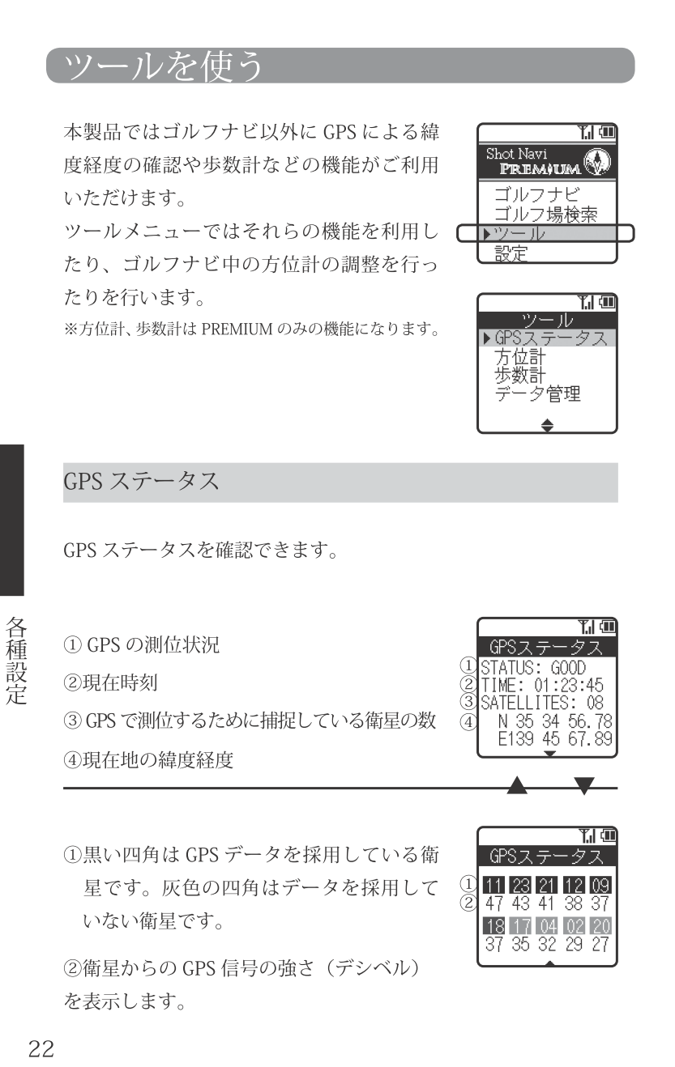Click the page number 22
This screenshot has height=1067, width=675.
(x=41, y=1048)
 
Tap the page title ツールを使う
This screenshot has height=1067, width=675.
(x=163, y=66)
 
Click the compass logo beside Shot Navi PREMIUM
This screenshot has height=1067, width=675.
(x=597, y=161)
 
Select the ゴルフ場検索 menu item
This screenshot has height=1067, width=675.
(x=545, y=215)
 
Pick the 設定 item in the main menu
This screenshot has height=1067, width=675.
(x=511, y=253)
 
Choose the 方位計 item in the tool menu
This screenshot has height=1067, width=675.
(x=519, y=357)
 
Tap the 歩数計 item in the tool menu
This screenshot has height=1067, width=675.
(x=519, y=376)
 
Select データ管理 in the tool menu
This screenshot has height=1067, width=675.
(x=537, y=394)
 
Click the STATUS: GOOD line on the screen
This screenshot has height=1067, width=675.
(x=533, y=668)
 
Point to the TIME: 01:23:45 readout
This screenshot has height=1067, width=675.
(x=542, y=686)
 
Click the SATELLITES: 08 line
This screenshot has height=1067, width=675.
(x=542, y=703)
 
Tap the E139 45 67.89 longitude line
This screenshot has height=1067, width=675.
(x=555, y=739)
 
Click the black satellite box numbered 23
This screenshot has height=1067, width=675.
(x=520, y=886)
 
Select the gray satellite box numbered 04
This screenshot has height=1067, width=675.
(x=547, y=926)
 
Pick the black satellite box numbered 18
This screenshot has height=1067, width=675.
(x=493, y=926)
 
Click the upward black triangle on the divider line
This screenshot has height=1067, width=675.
(x=517, y=785)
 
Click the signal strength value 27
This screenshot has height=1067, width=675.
(x=600, y=944)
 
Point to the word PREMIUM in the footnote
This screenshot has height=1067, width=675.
(x=237, y=329)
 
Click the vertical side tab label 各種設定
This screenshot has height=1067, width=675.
(x=16, y=661)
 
